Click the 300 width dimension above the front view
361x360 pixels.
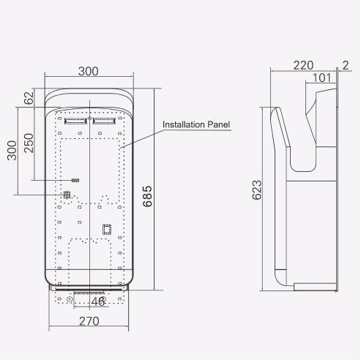pyautogui.click(x=88, y=71)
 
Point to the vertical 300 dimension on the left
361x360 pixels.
pyautogui.click(x=11, y=151)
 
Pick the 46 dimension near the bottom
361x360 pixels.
pyautogui.click(x=97, y=301)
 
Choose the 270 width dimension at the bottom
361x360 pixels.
pyautogui.click(x=89, y=320)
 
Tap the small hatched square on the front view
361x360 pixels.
pyautogui.click(x=67, y=195)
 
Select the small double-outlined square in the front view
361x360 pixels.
pyautogui.click(x=106, y=228)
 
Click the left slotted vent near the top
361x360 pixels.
pyautogui.click(x=75, y=119)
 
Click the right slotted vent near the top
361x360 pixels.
pyautogui.click(x=104, y=119)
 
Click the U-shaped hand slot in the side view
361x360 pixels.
pyautogui.click(x=300, y=146)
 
